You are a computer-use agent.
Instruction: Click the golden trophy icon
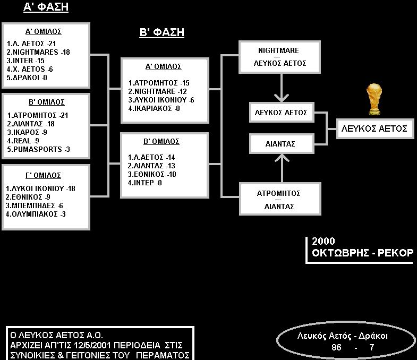pos(374,99)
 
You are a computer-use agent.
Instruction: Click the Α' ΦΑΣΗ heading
pos(46,7)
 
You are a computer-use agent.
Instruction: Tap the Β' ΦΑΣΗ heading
pos(161,32)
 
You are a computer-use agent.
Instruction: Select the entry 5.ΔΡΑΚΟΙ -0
pos(27,78)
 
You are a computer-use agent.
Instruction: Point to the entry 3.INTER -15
pos(25,61)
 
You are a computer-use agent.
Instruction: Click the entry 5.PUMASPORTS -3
pos(38,149)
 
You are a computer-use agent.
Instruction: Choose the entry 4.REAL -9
pos(23,141)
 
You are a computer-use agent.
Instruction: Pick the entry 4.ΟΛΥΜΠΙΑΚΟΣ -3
pos(36,214)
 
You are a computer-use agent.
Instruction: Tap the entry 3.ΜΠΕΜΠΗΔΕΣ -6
pos(35,205)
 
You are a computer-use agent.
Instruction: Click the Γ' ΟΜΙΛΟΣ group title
pos(43,175)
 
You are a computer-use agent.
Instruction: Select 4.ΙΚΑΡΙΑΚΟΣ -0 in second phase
pos(154,108)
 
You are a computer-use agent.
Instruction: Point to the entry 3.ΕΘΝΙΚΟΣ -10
pos(152,174)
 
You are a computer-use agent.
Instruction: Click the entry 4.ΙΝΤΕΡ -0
pos(144,183)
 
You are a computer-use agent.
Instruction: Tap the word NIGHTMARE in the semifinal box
pos(278,50)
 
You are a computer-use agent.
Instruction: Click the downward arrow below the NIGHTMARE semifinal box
pos(282,88)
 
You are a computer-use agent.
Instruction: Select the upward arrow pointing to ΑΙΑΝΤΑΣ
pos(282,168)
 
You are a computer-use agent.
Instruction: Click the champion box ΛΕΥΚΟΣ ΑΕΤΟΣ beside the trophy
pos(375,128)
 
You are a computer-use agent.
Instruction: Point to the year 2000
pos(323,241)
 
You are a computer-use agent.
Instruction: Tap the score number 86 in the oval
pos(336,347)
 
